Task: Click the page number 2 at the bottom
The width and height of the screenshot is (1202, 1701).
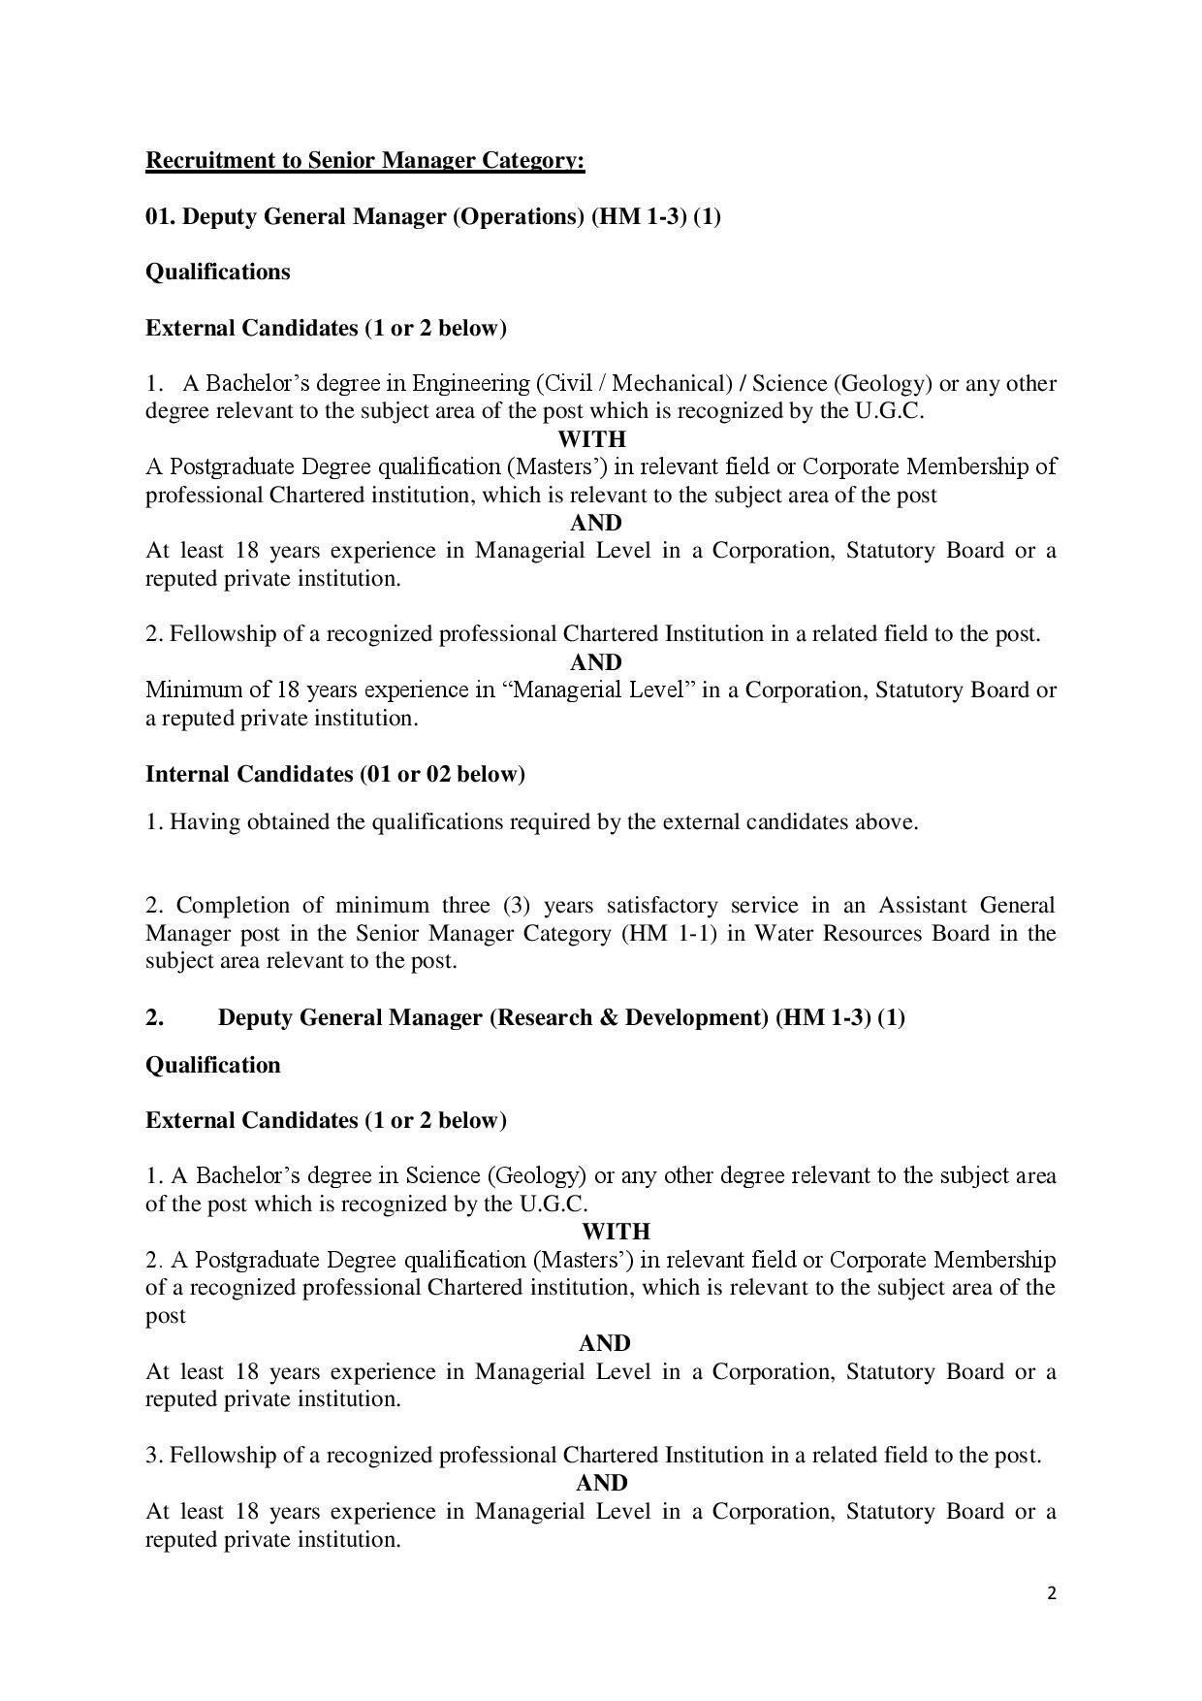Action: pyautogui.click(x=1052, y=1592)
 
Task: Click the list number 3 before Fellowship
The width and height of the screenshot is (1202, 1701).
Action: pyautogui.click(x=153, y=1456)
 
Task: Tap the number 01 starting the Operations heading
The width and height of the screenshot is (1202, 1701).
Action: pyautogui.click(x=159, y=216)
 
